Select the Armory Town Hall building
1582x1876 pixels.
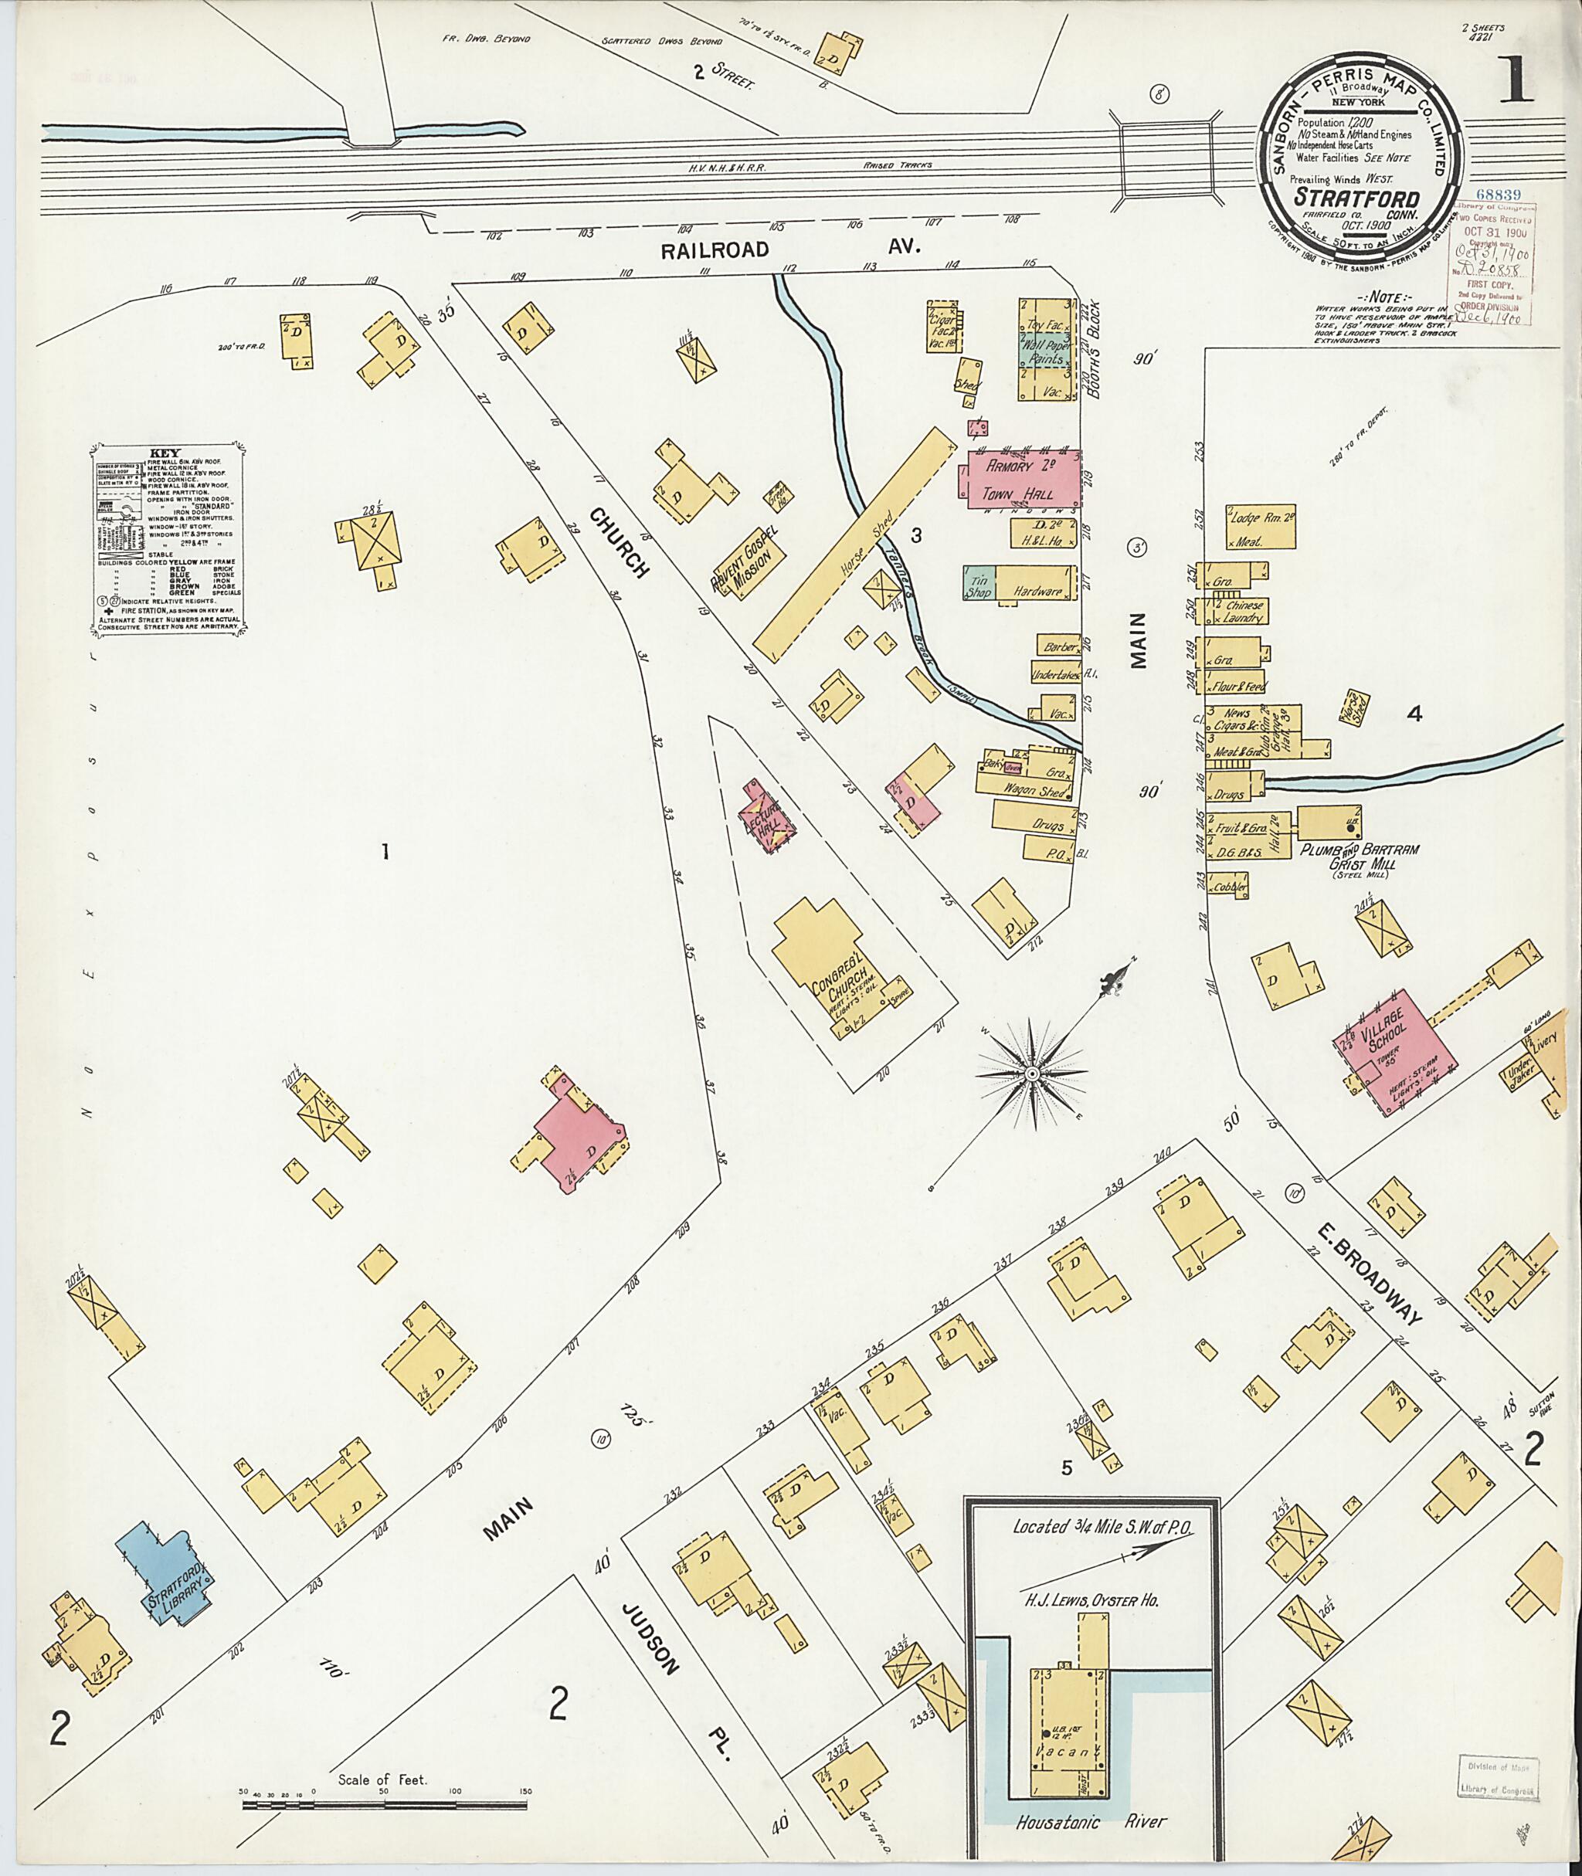tap(1023, 480)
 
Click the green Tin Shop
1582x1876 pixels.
tap(976, 583)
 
